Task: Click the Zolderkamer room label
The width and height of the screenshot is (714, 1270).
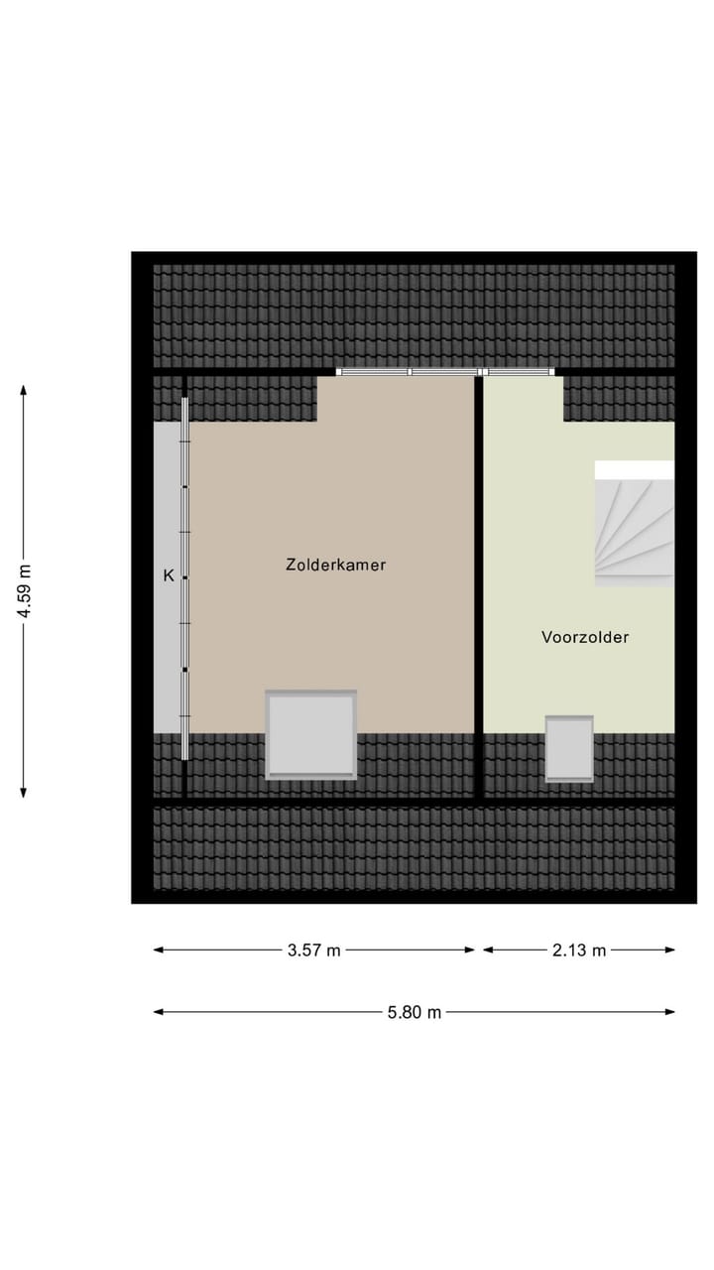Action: tap(335, 565)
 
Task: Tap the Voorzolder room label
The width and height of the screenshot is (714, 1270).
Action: tap(584, 638)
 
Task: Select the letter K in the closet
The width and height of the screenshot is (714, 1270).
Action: tap(169, 575)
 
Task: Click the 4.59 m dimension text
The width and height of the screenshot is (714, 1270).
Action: tap(25, 591)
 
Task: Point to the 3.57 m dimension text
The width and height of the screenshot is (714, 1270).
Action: tap(313, 951)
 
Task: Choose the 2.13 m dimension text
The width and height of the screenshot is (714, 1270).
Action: tap(579, 951)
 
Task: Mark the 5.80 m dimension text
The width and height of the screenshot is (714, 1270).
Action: tap(415, 1012)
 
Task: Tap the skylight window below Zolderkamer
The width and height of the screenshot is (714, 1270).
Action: tap(310, 734)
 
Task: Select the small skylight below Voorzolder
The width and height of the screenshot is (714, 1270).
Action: tap(569, 749)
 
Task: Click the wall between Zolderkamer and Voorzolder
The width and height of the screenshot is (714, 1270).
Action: tap(478, 585)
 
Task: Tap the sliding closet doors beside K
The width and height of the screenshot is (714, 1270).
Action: tap(184, 575)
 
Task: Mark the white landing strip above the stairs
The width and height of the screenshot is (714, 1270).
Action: tap(634, 469)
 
